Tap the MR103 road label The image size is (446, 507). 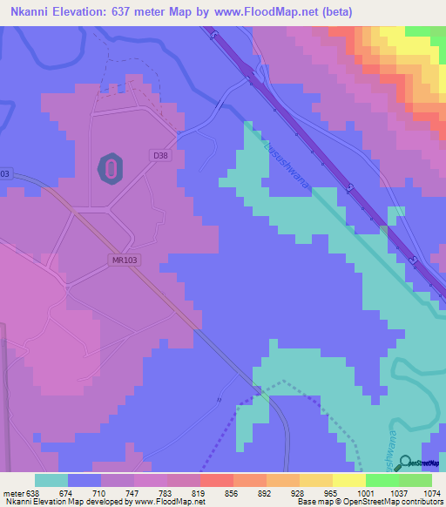click(125, 260)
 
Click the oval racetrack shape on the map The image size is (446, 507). click(111, 168)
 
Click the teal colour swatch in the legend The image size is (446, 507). click(51, 479)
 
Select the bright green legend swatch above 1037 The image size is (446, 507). click(382, 479)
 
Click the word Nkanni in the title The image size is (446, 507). click(30, 11)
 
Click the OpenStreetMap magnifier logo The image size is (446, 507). click(402, 463)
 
